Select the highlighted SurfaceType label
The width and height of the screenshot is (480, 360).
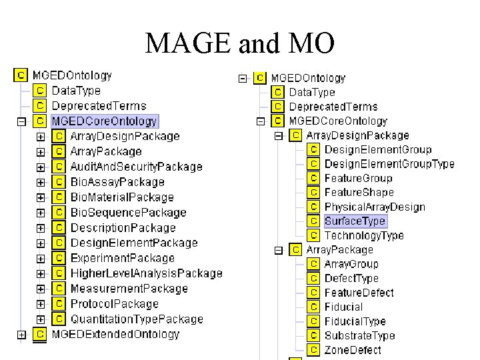(355, 221)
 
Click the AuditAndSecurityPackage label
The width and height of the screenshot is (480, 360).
(137, 167)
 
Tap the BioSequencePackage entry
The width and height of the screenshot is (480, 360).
(129, 213)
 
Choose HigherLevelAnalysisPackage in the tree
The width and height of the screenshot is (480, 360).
(147, 273)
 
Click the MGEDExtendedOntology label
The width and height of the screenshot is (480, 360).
(116, 334)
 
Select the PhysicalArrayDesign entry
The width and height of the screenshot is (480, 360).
(375, 207)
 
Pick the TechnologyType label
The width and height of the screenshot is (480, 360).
(364, 235)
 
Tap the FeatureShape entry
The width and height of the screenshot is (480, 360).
(359, 193)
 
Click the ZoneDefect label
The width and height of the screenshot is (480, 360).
(353, 350)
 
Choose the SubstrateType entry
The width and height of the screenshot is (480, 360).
(360, 335)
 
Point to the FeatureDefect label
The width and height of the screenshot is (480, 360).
(359, 293)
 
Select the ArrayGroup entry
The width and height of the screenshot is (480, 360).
(351, 264)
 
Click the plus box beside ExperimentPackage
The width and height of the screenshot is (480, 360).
(41, 259)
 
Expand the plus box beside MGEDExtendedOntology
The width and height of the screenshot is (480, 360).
(22, 335)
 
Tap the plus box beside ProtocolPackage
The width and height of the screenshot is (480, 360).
(41, 305)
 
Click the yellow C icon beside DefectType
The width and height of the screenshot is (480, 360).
(313, 279)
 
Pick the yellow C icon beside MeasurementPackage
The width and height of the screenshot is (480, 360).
(59, 289)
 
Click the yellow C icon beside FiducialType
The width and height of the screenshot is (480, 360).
(313, 321)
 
